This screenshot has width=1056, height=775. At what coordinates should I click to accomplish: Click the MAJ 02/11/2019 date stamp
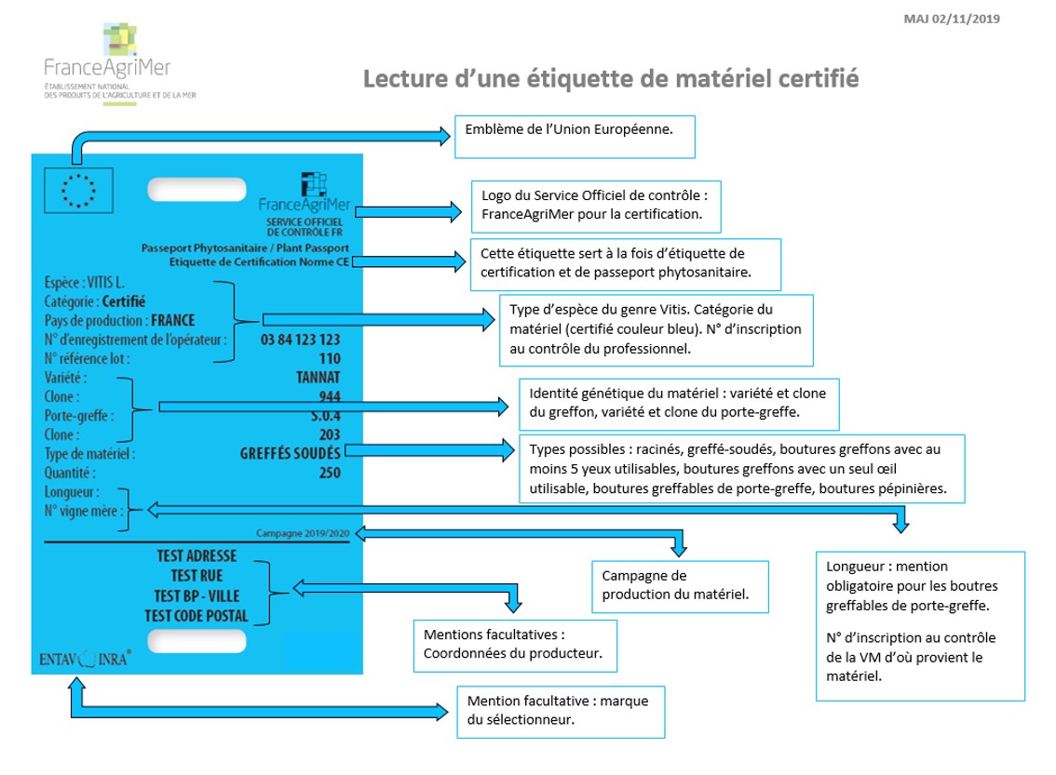tap(952, 19)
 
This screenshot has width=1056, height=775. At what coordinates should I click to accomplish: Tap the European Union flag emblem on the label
tap(79, 191)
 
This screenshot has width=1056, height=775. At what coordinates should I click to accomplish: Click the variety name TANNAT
tap(318, 378)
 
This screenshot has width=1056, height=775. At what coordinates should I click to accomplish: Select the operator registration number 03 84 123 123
tap(301, 340)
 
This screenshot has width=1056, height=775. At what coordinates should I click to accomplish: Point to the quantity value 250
tap(330, 473)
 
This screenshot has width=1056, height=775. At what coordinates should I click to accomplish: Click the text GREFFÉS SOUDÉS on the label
tap(291, 453)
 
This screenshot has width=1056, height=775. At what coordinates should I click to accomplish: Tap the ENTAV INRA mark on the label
tap(85, 659)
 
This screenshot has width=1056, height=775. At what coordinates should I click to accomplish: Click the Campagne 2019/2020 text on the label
tap(303, 533)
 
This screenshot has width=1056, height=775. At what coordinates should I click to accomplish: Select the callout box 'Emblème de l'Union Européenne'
tap(575, 137)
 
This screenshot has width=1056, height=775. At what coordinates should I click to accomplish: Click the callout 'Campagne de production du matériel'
tap(680, 587)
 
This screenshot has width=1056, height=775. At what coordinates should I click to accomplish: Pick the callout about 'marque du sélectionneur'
tap(561, 712)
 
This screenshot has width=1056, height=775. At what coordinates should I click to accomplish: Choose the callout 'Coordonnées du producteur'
tap(515, 646)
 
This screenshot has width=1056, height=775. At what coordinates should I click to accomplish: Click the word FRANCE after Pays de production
tap(173, 320)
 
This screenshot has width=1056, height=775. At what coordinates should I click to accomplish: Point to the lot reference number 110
tap(330, 358)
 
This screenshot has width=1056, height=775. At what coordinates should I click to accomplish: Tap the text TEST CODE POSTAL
tap(196, 616)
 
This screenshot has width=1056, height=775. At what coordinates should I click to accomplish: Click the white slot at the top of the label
tap(196, 189)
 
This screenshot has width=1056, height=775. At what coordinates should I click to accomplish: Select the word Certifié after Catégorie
tap(124, 301)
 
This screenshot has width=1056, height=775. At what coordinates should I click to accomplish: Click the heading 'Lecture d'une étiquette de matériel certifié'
tap(611, 79)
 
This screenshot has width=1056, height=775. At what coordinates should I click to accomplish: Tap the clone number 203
tap(330, 434)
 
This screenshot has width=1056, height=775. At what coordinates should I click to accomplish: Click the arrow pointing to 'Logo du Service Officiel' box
tap(408, 212)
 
